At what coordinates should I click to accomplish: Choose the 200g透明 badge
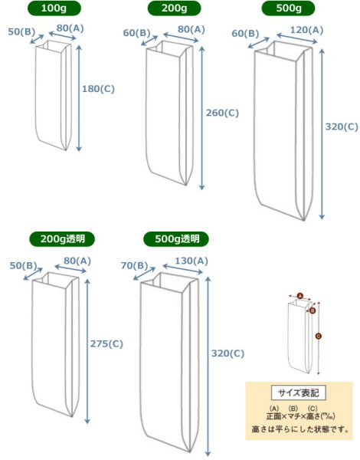tap(59, 238)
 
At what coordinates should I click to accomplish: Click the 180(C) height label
tap(98, 88)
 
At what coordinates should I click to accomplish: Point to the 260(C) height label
tap(223, 113)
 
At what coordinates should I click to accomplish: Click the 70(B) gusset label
tap(135, 265)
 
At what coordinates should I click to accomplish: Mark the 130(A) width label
tap(190, 261)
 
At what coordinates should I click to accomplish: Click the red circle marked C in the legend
tap(319, 335)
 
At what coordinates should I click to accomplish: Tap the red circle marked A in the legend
tap(300, 295)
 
